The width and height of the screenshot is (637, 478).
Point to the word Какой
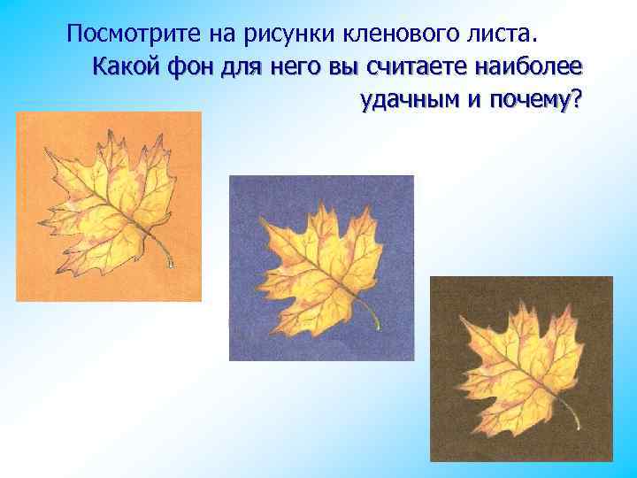[x=124, y=66]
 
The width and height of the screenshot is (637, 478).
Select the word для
[x=234, y=66]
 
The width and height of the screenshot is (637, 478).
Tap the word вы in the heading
[x=336, y=66]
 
